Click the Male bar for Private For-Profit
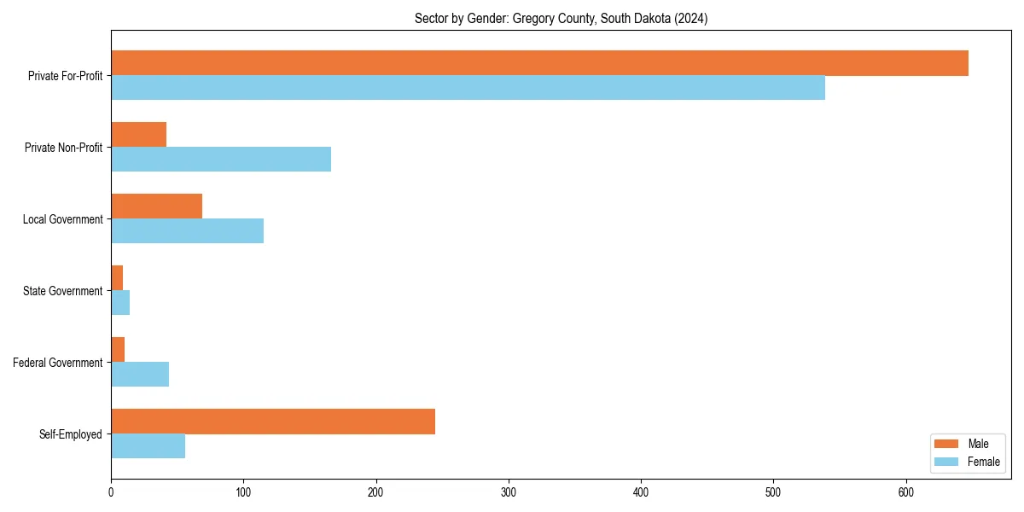539,63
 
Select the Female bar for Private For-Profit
468,87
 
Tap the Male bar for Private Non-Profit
138,135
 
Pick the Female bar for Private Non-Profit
221,159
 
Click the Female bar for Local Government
187,230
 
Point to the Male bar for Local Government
156,207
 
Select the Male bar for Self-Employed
273,422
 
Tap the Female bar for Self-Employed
148,445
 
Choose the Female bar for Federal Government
140,374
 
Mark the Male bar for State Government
117,278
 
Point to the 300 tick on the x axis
509,492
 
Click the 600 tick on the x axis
906,492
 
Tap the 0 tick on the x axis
111,492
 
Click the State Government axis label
63,291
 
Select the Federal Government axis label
58,363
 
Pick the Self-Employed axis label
71,434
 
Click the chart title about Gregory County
561,18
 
